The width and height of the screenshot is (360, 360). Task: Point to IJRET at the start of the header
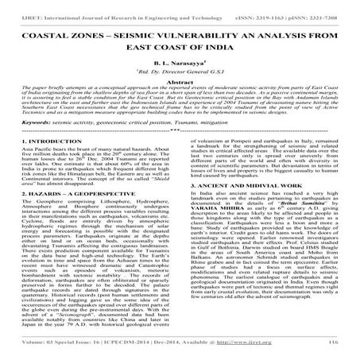click(16, 6)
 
